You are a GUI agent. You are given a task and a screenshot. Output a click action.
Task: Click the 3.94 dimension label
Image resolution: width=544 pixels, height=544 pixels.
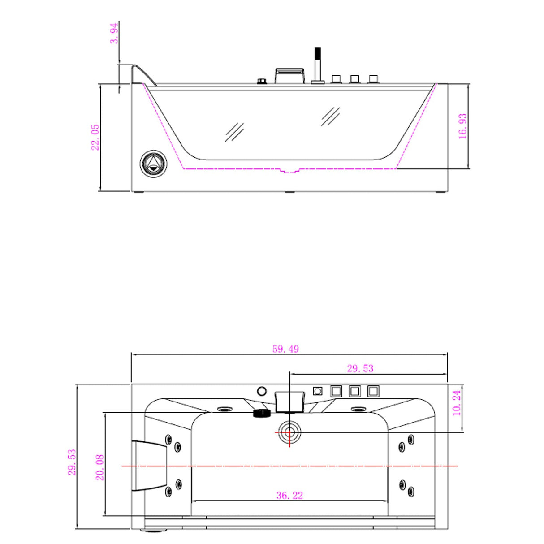114,34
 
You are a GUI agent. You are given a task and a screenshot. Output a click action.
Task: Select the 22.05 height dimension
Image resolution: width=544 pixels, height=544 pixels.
95,137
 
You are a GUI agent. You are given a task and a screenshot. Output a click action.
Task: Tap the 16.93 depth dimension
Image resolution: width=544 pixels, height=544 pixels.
462,126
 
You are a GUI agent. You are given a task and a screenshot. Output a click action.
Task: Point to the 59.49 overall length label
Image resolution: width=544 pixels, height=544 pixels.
285,349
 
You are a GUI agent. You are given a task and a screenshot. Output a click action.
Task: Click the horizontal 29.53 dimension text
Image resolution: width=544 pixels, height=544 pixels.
360,368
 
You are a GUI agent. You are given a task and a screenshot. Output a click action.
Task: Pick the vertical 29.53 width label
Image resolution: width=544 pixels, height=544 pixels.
72,462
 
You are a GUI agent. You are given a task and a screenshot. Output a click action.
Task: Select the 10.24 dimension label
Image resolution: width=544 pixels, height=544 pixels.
457,403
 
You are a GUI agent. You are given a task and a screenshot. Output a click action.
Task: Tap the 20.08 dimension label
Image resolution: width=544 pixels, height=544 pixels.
99,467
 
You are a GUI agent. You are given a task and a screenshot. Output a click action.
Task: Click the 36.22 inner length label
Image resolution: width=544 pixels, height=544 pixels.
289,495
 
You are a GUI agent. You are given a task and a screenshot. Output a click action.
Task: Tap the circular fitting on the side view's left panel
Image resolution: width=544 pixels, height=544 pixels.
153,164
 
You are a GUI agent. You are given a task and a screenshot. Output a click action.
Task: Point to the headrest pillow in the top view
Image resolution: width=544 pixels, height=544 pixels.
149,466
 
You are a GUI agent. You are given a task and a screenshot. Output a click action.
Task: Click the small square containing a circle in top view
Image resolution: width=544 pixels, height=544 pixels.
317,391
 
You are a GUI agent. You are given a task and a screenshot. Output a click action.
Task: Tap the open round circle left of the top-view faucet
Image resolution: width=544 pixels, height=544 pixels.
262,391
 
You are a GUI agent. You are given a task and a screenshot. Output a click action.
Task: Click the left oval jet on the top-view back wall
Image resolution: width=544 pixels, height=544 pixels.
225,409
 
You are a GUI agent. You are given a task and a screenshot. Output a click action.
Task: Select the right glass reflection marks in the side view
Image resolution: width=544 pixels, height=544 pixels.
331,117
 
